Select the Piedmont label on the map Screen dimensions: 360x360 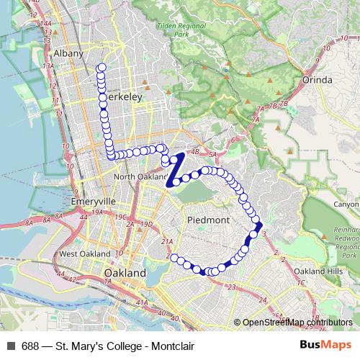[207, 220]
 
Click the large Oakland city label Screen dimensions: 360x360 [125, 274]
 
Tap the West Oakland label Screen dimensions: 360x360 [85, 254]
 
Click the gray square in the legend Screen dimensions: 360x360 [10, 346]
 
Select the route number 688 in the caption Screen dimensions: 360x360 [31, 346]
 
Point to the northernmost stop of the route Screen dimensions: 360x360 [101, 68]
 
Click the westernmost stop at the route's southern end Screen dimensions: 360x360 [173, 258]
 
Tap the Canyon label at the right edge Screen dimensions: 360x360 [347, 204]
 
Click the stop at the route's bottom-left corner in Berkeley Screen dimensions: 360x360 [112, 155]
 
